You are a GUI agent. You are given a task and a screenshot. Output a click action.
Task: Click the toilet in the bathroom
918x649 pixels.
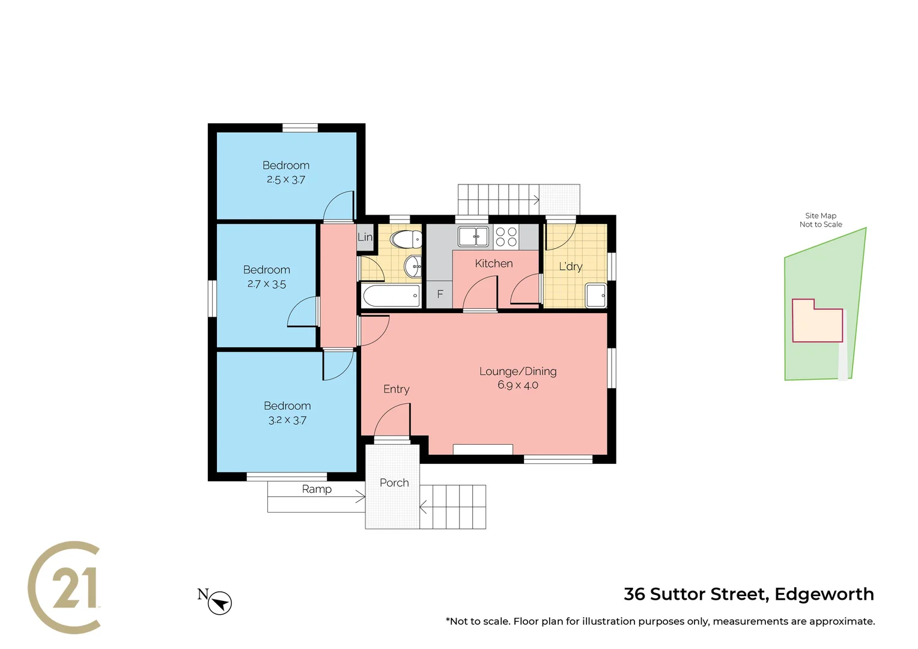pyautogui.click(x=406, y=240)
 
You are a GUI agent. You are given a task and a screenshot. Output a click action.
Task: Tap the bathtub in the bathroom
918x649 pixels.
pyautogui.click(x=391, y=296)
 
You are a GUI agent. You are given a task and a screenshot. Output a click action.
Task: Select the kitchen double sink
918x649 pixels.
pyautogui.click(x=473, y=236)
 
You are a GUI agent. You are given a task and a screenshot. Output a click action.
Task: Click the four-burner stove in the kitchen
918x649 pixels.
pyautogui.click(x=506, y=237)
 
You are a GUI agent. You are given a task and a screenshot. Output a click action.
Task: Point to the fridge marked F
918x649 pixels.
pyautogui.click(x=440, y=294)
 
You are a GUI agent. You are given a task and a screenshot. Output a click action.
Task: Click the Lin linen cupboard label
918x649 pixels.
pyautogui.click(x=365, y=237)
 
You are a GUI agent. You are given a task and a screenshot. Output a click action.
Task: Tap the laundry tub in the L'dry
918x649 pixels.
pyautogui.click(x=596, y=296)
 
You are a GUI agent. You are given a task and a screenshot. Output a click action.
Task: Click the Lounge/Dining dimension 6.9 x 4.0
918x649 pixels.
pyautogui.click(x=517, y=385)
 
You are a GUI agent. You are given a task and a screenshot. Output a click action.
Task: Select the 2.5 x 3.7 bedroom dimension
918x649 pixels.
pyautogui.click(x=286, y=180)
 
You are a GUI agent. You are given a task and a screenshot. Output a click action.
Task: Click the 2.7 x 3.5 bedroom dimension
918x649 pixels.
pyautogui.click(x=267, y=284)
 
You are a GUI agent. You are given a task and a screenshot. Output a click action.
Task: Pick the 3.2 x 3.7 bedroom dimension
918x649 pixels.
pyautogui.click(x=287, y=420)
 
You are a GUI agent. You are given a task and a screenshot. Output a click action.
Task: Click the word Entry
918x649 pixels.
pyautogui.click(x=397, y=389)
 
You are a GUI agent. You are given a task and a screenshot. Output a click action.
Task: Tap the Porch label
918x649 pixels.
pyautogui.click(x=394, y=483)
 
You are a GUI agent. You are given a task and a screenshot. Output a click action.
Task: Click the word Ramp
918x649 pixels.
pyautogui.click(x=317, y=489)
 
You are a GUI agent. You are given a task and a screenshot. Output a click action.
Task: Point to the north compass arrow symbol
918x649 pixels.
pyautogui.click(x=220, y=603)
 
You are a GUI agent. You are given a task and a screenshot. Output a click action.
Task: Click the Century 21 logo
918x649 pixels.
pyautogui.click(x=65, y=587)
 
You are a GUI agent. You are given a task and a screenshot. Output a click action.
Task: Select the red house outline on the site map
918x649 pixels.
pyautogui.click(x=817, y=321)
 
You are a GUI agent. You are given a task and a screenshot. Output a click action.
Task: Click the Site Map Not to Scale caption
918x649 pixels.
pyautogui.click(x=821, y=220)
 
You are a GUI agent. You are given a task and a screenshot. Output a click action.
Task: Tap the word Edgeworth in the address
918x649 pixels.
pyautogui.click(x=824, y=594)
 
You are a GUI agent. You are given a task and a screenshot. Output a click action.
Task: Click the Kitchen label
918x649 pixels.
pyautogui.click(x=493, y=263)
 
